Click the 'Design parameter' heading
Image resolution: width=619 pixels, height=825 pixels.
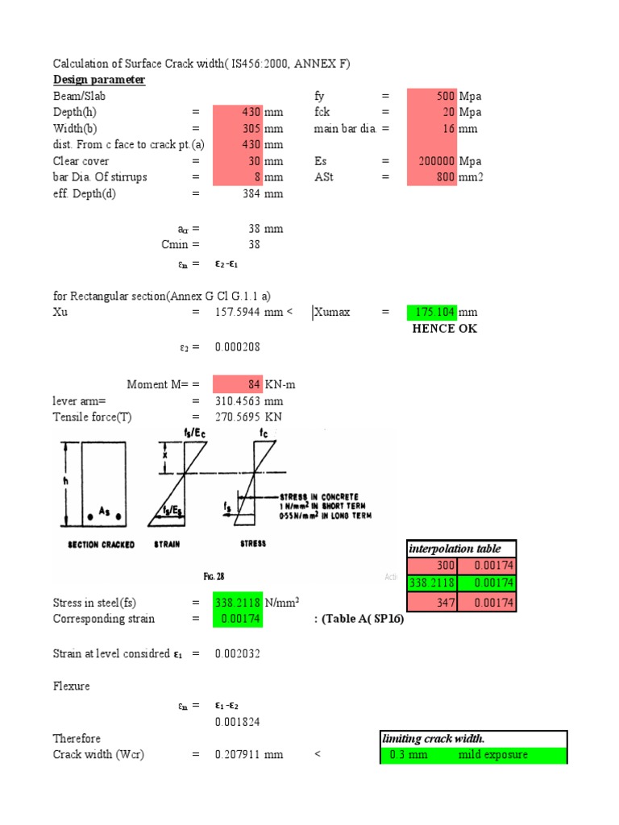[x=99, y=80]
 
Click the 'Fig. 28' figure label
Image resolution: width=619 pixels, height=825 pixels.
[x=213, y=577]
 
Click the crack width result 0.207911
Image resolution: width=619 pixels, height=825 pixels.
[x=241, y=755]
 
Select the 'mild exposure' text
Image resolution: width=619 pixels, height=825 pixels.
[x=492, y=755]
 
